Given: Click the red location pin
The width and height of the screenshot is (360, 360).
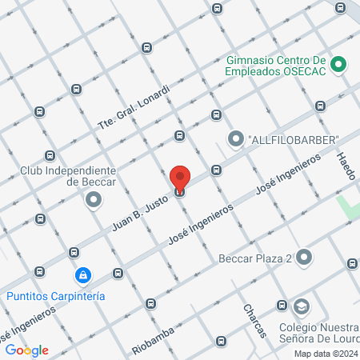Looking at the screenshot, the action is tap(180, 178).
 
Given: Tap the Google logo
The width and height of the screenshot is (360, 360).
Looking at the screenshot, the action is tap(26, 350).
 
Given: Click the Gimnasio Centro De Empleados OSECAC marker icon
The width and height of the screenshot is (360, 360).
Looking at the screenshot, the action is tap(338, 65).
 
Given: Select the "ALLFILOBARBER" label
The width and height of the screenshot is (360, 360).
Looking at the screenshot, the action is tap(294, 140).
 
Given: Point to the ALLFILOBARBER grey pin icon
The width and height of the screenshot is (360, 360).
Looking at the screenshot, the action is tap(235, 140).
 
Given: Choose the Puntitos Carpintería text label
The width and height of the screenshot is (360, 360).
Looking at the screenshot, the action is tap(56, 295).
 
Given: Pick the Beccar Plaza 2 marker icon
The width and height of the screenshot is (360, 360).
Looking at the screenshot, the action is tap(304, 258).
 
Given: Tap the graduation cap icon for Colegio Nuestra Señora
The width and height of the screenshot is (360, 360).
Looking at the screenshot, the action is tap(302, 306).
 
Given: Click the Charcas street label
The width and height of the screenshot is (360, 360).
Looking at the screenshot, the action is tap(254, 320).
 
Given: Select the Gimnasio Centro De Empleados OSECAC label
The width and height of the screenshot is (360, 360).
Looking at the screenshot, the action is tap(274, 65).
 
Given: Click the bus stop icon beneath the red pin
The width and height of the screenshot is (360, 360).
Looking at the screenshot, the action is tap(180, 191).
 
